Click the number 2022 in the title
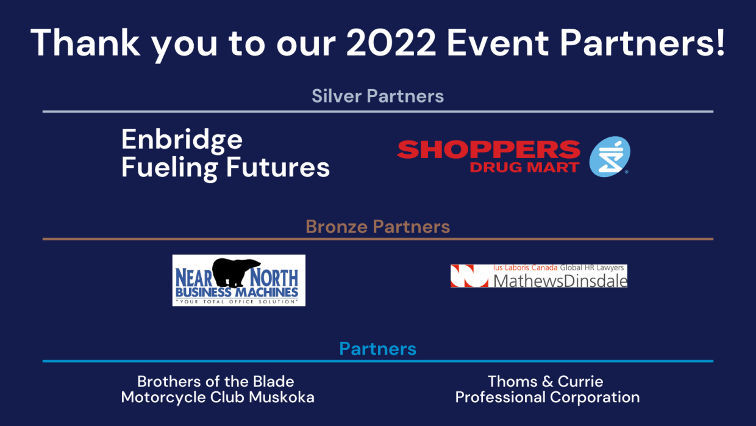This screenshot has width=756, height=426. pos(391,43)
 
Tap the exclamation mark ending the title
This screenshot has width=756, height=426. pos(721,42)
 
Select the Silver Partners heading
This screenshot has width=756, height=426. pos(377,96)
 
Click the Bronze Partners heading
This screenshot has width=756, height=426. pos(377,226)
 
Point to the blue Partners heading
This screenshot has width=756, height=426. pos(377,348)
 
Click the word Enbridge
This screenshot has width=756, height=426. pos(182,140)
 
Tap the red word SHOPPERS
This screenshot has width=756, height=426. pos(489,150)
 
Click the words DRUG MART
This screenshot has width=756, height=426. pos(525,167)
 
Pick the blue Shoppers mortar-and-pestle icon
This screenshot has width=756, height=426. pos(610,156)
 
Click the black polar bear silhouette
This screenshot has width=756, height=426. pos(236,272)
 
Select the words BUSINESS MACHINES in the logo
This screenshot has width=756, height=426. pos(237,292)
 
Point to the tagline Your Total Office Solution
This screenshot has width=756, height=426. pos(237,301)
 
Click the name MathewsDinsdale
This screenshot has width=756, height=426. pos(560,281)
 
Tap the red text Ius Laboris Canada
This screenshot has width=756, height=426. pos(525,268)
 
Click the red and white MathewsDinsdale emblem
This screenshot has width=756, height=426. pos(469,276)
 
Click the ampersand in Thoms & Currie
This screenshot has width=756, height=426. pos(547,381)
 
